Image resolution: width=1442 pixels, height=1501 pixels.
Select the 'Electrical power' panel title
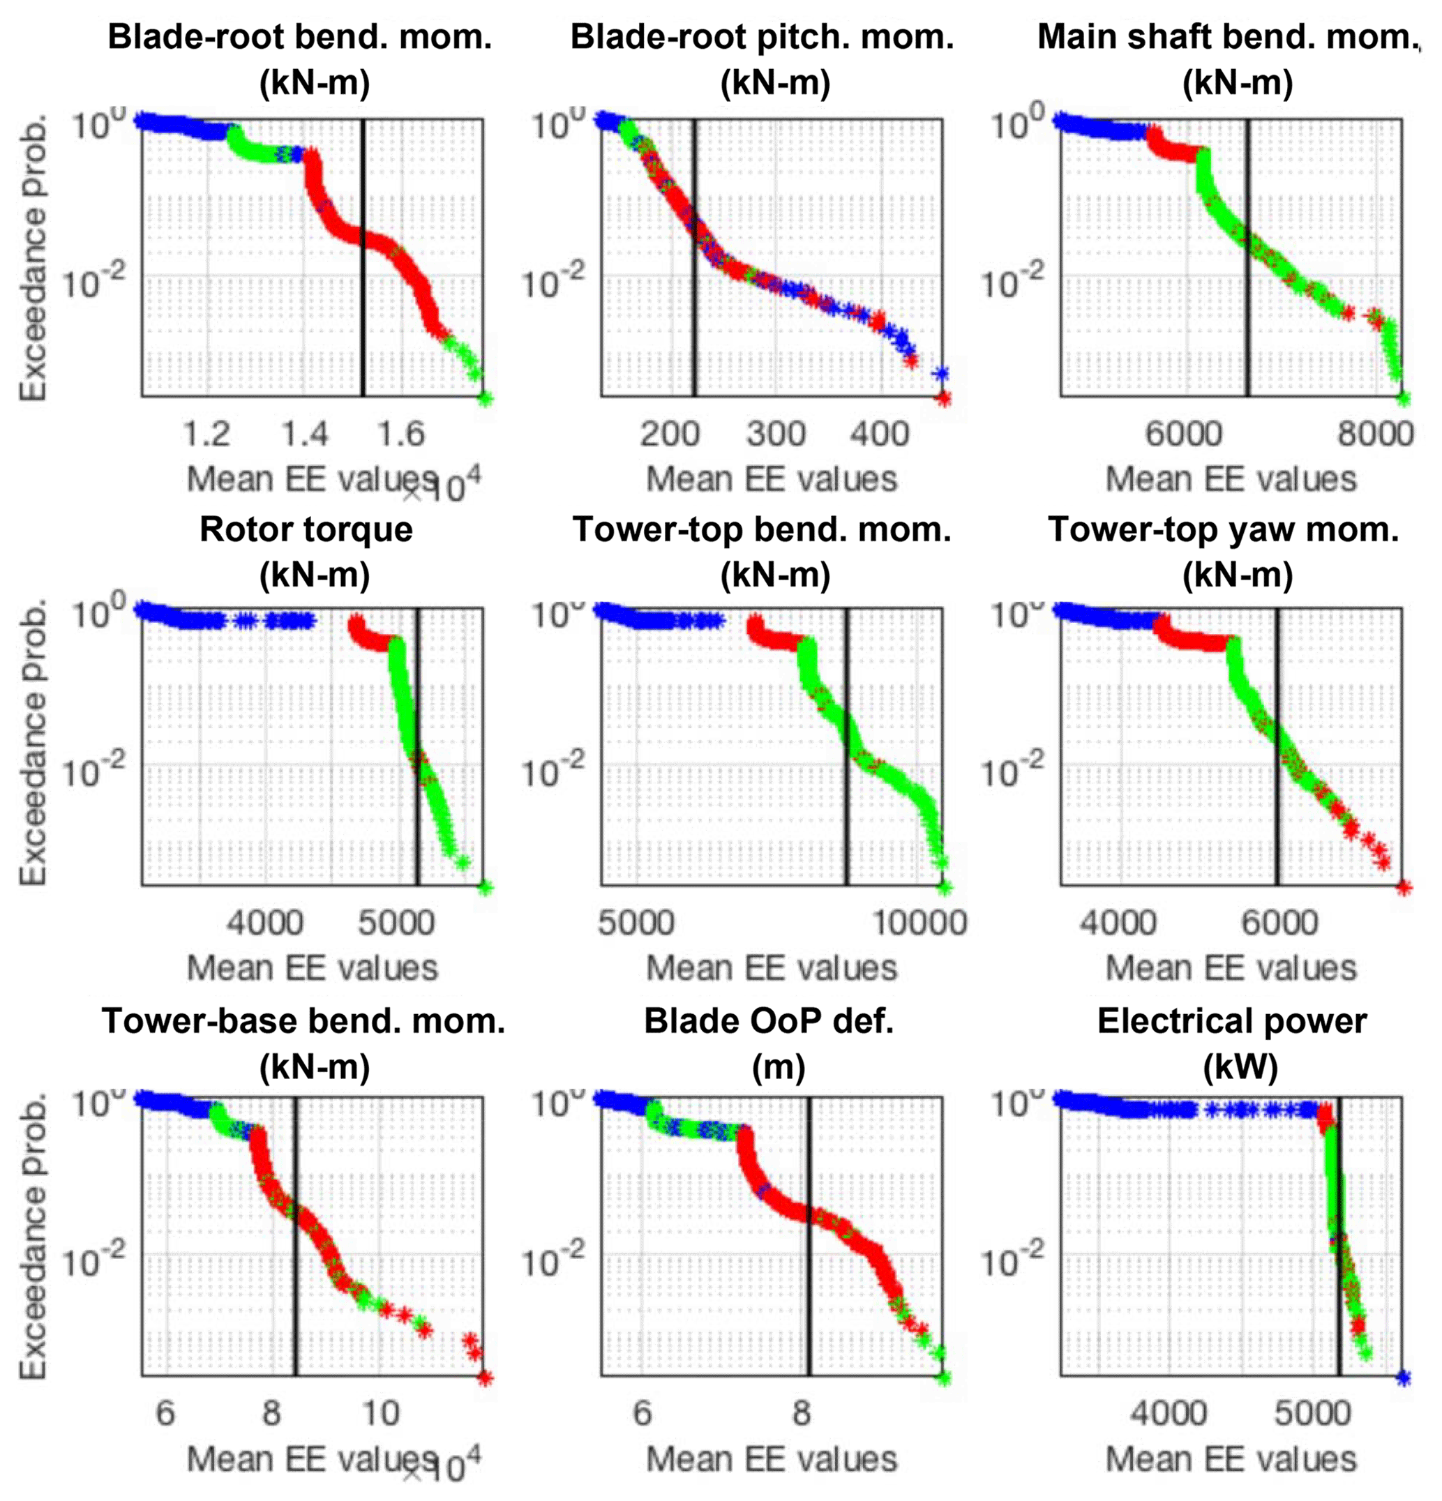coord(1231,1021)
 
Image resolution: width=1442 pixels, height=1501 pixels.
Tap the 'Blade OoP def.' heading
coord(769,1021)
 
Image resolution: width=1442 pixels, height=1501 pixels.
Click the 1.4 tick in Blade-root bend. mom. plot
coord(305,435)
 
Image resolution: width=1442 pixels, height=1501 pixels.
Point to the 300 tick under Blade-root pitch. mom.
coord(776,435)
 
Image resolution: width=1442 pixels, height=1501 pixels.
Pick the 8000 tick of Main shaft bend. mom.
coord(1375,435)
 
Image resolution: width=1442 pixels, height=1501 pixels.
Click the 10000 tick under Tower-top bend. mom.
coord(919,923)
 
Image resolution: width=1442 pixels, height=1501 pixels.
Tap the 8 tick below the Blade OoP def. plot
coord(801,1413)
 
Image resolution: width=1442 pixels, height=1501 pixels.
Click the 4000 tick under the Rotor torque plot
coord(266,923)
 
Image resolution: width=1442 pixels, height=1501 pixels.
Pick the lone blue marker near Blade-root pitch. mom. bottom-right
coord(941,374)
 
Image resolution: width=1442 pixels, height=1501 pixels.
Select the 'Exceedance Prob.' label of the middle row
coord(33,743)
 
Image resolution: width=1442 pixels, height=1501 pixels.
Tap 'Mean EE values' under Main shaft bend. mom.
coord(1231,479)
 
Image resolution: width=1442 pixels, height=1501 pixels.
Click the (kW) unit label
coord(1240,1066)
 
